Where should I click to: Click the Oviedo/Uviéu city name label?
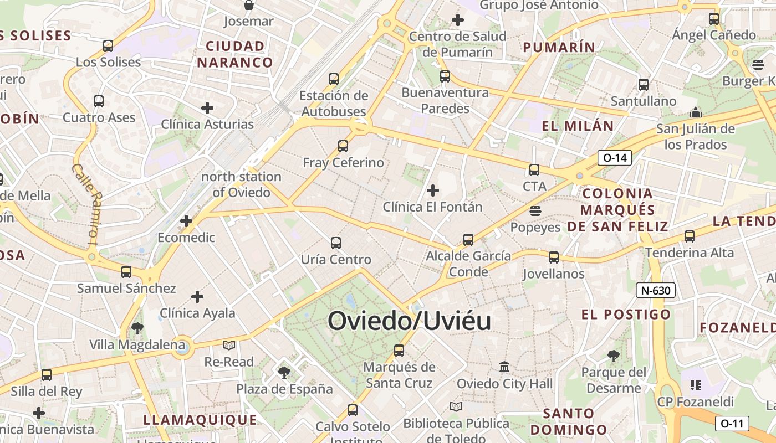pos(409,321)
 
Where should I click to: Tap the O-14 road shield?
pos(615,158)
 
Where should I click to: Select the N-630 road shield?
pos(656,290)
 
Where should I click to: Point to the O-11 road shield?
pos(732,424)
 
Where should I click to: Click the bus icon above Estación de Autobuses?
pos(334,79)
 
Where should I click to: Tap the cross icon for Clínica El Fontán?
pos(433,191)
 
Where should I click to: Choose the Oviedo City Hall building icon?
pos(504,367)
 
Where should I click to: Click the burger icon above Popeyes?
pos(535,211)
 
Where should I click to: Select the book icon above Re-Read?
pos(229,346)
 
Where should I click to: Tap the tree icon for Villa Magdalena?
pos(137,328)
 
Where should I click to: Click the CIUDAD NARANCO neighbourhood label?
pos(235,54)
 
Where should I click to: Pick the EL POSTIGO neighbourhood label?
pos(626,315)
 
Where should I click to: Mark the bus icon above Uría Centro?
pos(336,243)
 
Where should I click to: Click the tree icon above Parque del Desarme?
pos(613,356)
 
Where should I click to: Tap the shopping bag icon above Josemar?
pos(249,6)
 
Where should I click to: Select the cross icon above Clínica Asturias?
pos(207,107)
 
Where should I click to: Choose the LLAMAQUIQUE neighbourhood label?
pos(200,420)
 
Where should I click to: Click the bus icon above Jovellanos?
pos(553,257)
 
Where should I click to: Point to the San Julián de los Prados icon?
pos(696,113)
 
